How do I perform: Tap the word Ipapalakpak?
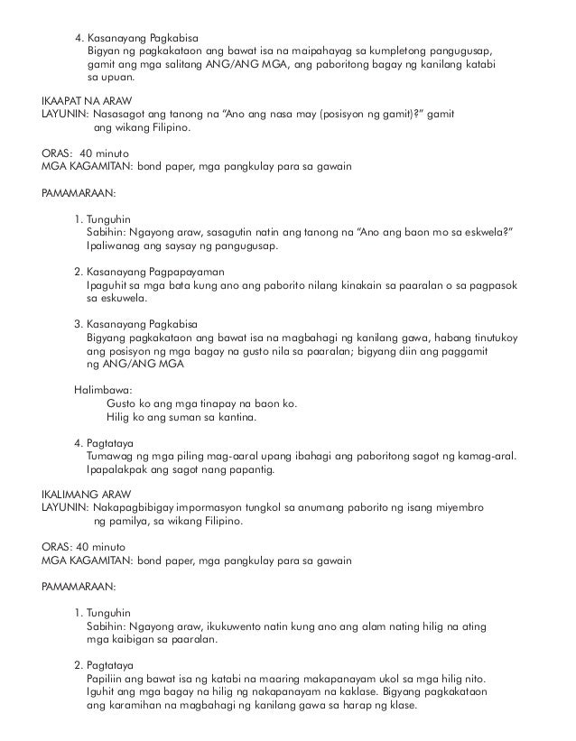[117, 469]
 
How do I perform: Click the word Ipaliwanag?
[114, 246]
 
